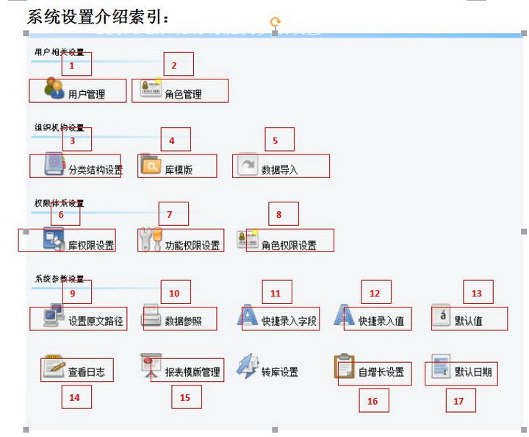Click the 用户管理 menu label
tap(87, 94)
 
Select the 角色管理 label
tap(183, 94)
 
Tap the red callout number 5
tap(276, 140)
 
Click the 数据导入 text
tap(280, 169)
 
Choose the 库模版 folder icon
tap(150, 166)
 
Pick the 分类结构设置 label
tap(96, 169)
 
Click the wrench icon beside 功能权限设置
tap(150, 241)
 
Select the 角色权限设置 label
tap(289, 245)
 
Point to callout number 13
tap(476, 293)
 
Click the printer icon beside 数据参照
tap(151, 317)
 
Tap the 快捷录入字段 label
tap(289, 321)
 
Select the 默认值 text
tap(469, 321)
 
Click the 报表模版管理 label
tap(192, 372)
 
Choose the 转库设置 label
tap(280, 372)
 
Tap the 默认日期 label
tap(473, 372)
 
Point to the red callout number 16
tap(373, 402)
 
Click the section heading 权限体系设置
tap(59, 202)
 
